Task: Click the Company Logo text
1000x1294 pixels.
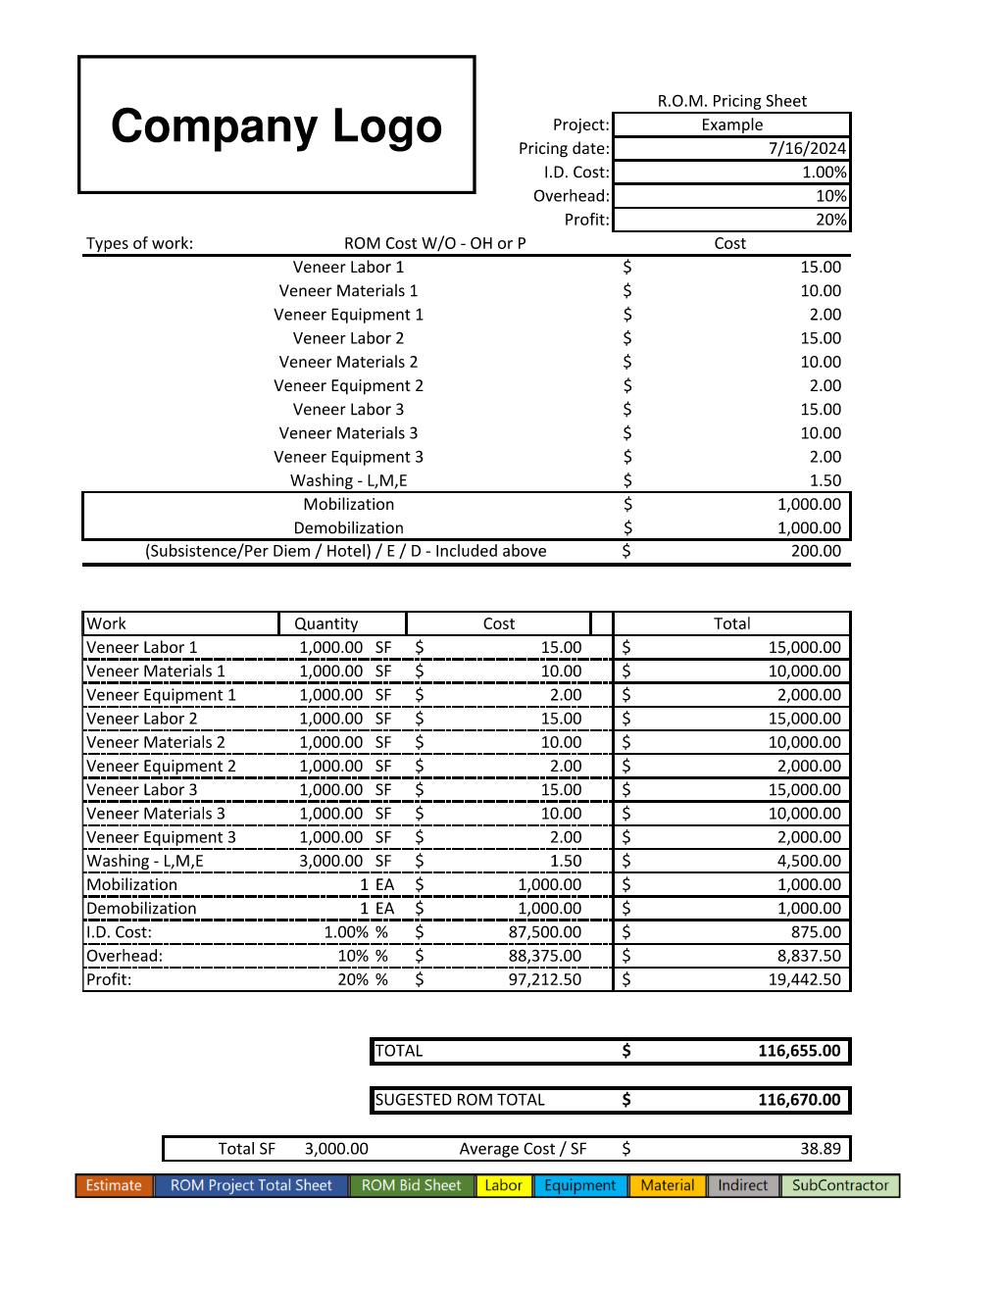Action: (x=276, y=126)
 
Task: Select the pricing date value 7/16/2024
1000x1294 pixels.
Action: (x=807, y=149)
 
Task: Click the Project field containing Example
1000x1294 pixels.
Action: (x=731, y=124)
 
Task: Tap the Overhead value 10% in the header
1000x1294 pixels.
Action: (x=830, y=196)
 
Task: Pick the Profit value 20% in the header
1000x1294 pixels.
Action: (x=830, y=220)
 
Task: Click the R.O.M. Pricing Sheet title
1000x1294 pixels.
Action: (x=731, y=101)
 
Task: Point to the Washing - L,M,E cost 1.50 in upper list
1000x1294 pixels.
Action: (x=825, y=480)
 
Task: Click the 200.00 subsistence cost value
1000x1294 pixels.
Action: (x=816, y=551)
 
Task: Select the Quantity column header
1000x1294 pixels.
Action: (x=326, y=623)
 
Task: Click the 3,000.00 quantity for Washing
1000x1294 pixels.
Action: (x=331, y=861)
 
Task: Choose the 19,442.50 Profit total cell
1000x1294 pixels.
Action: (x=804, y=979)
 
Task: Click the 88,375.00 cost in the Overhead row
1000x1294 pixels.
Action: (x=544, y=956)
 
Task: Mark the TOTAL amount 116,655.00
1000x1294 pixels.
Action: (x=799, y=1051)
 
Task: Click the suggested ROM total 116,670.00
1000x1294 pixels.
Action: (x=799, y=1100)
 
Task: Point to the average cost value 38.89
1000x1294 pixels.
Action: (x=820, y=1149)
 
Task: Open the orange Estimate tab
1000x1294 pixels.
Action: (x=114, y=1185)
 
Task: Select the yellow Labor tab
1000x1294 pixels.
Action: (x=503, y=1185)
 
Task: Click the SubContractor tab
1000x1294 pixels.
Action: (x=840, y=1185)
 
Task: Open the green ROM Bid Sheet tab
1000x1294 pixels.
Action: (x=411, y=1185)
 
